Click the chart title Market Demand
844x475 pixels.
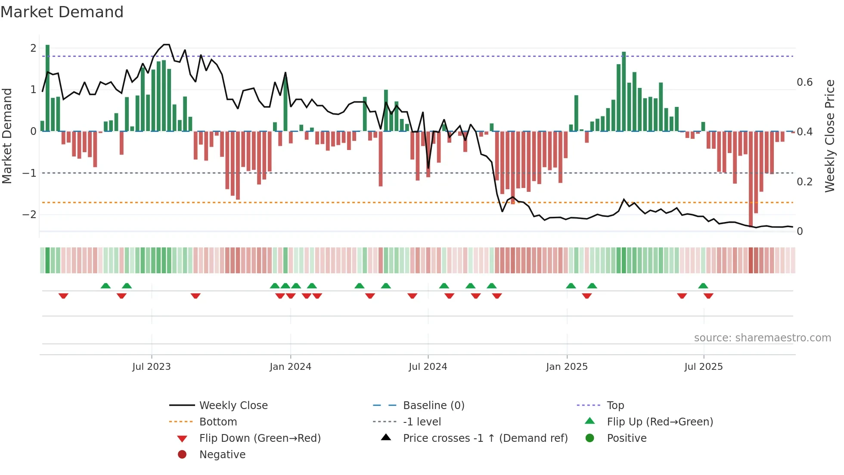click(x=62, y=12)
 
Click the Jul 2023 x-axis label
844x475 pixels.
click(x=152, y=366)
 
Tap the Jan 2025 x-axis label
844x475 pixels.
click(x=567, y=366)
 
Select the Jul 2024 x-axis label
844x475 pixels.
click(x=428, y=366)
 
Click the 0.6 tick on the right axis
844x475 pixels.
click(x=804, y=82)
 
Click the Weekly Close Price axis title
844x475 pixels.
click(x=829, y=136)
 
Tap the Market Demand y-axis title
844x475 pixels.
click(x=7, y=136)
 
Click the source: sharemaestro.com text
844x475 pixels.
click(x=762, y=337)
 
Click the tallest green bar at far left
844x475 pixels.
click(x=47, y=86)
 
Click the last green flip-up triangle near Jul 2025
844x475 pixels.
click(x=703, y=286)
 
